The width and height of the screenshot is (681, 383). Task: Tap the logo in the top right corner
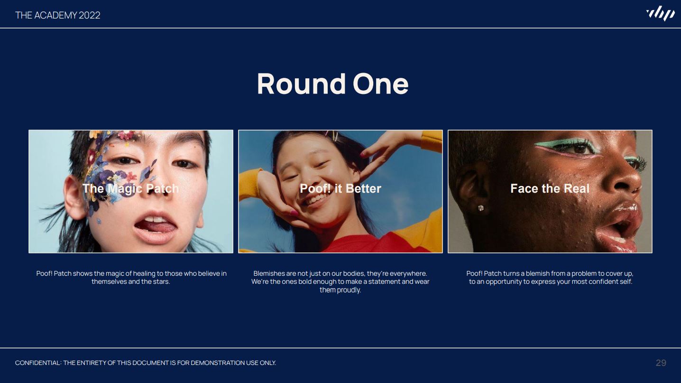tap(660, 13)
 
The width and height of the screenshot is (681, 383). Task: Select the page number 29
tap(661, 363)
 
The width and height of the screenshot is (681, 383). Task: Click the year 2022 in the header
tap(89, 15)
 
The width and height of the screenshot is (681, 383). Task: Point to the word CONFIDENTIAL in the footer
tap(38, 363)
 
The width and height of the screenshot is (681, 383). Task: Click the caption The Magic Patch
tap(131, 188)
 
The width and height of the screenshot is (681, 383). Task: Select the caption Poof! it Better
tap(340, 188)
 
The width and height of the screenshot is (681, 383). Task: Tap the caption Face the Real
tap(550, 188)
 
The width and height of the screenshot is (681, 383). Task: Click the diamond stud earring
tap(481, 208)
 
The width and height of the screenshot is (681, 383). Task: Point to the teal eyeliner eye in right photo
tap(571, 147)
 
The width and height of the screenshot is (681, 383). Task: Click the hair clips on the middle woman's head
tap(332, 136)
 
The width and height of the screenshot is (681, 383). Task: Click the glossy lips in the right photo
tap(620, 227)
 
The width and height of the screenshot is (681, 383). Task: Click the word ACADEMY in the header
tap(55, 15)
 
